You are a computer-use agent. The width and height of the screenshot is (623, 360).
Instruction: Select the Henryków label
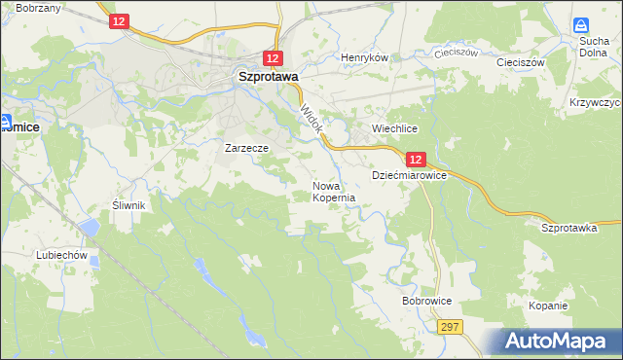(364, 57)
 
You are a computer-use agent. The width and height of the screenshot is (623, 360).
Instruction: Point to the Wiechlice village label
(395, 128)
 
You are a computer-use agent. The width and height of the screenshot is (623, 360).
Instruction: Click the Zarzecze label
(245, 149)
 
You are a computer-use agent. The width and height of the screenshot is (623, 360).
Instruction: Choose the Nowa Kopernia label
(333, 191)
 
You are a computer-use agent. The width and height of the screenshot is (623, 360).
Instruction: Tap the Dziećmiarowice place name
(409, 175)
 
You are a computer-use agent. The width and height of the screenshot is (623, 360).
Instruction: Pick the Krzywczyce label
(595, 102)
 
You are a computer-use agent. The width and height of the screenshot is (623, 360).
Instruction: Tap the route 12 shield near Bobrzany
(118, 21)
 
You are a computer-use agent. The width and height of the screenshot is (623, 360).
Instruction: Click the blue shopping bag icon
(581, 26)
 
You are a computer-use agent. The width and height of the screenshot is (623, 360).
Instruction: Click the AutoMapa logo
(558, 342)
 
